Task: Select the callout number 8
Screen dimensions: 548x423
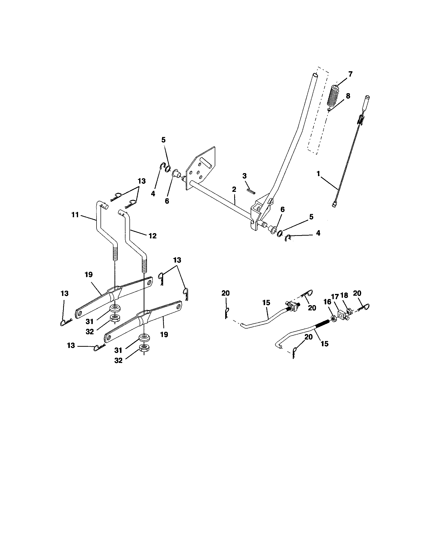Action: tap(348, 96)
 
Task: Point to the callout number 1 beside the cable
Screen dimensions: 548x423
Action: tap(318, 174)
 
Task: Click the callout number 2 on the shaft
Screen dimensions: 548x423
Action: tap(234, 190)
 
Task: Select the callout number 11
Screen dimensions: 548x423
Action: tap(75, 215)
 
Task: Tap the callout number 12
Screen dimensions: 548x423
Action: tap(152, 236)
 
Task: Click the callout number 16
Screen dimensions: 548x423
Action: tap(327, 302)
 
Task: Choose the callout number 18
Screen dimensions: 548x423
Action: tap(344, 296)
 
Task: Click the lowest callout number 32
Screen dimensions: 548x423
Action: tap(118, 360)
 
